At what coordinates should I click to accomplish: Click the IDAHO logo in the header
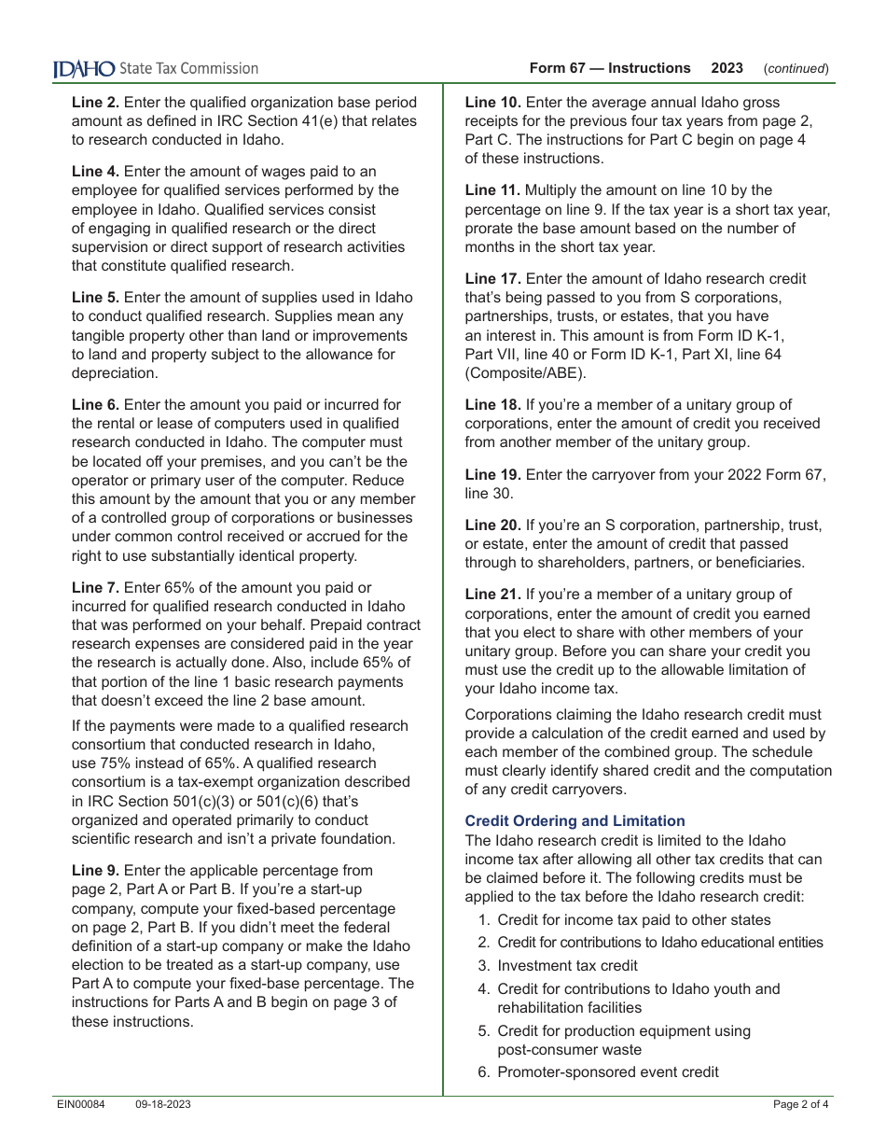coord(84,68)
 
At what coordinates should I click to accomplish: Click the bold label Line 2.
coord(95,103)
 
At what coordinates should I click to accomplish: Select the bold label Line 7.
coord(95,588)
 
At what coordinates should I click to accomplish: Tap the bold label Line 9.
coord(95,871)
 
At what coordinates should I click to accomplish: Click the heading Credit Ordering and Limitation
coord(575,821)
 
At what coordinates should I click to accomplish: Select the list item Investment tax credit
coord(567,966)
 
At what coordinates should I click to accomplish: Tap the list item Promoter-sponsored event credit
coord(607,1072)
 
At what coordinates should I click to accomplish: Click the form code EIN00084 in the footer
coord(80,1104)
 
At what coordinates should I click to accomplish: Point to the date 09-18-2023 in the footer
coord(163,1104)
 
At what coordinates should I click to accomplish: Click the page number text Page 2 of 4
coord(800,1104)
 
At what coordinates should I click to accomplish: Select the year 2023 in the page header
coord(727,68)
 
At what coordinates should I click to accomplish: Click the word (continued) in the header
coord(796,68)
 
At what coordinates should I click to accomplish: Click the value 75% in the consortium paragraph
coord(116,763)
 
